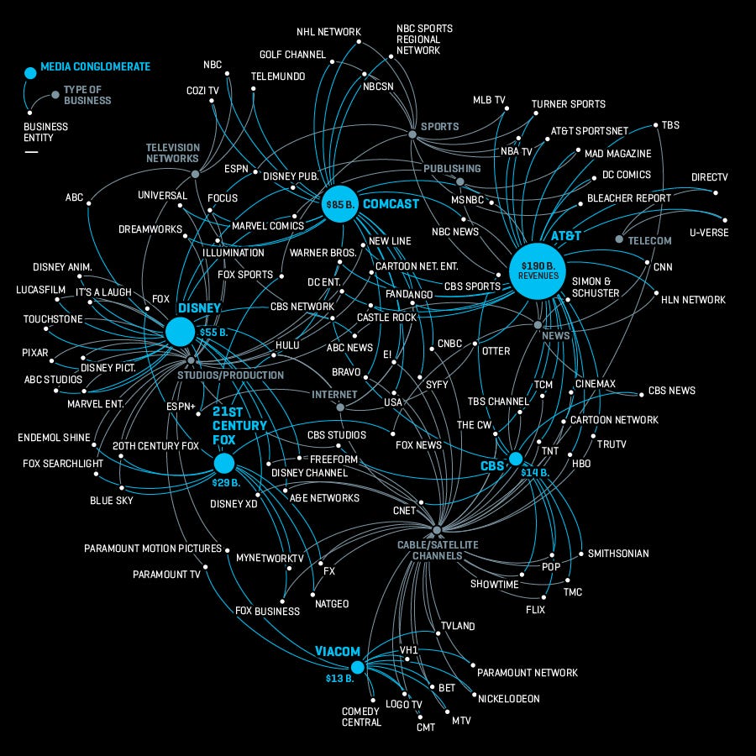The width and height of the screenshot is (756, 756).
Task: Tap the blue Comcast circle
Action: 340,204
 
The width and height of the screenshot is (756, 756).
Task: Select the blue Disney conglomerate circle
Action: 180,332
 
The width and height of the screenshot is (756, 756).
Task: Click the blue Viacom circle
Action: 357,668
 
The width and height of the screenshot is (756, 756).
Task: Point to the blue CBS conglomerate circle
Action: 516,459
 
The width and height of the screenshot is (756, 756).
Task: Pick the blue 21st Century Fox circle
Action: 223,463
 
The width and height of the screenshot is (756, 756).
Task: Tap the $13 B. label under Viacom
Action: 339,678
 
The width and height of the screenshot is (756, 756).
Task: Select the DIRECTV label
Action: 709,177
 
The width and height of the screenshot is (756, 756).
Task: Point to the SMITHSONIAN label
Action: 618,554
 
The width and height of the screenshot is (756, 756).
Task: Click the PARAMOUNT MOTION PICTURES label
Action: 153,549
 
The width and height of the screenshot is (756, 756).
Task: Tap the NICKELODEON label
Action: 508,698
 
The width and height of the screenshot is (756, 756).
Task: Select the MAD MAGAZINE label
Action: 617,154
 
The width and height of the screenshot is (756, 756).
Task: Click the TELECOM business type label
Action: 649,240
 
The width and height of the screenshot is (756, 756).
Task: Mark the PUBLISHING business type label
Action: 452,168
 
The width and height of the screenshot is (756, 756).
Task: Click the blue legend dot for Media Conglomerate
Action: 30,72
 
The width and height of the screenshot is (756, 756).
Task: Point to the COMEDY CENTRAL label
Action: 361,717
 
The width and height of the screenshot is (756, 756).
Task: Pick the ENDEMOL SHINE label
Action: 55,438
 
